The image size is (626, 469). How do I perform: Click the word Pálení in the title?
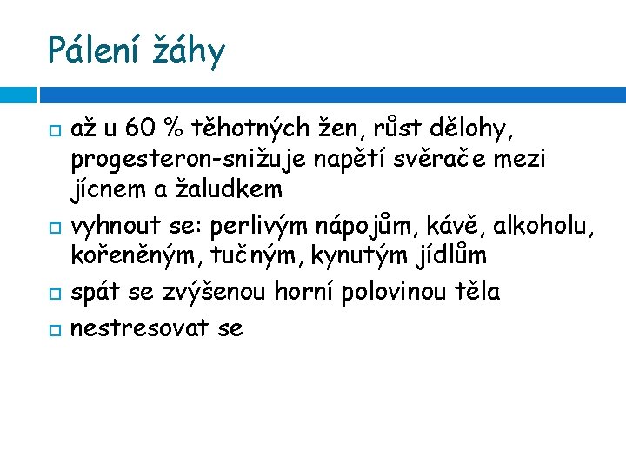tap(95, 50)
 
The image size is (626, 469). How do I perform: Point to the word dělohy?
tap(481, 129)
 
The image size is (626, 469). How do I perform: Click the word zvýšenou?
tap(216, 292)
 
